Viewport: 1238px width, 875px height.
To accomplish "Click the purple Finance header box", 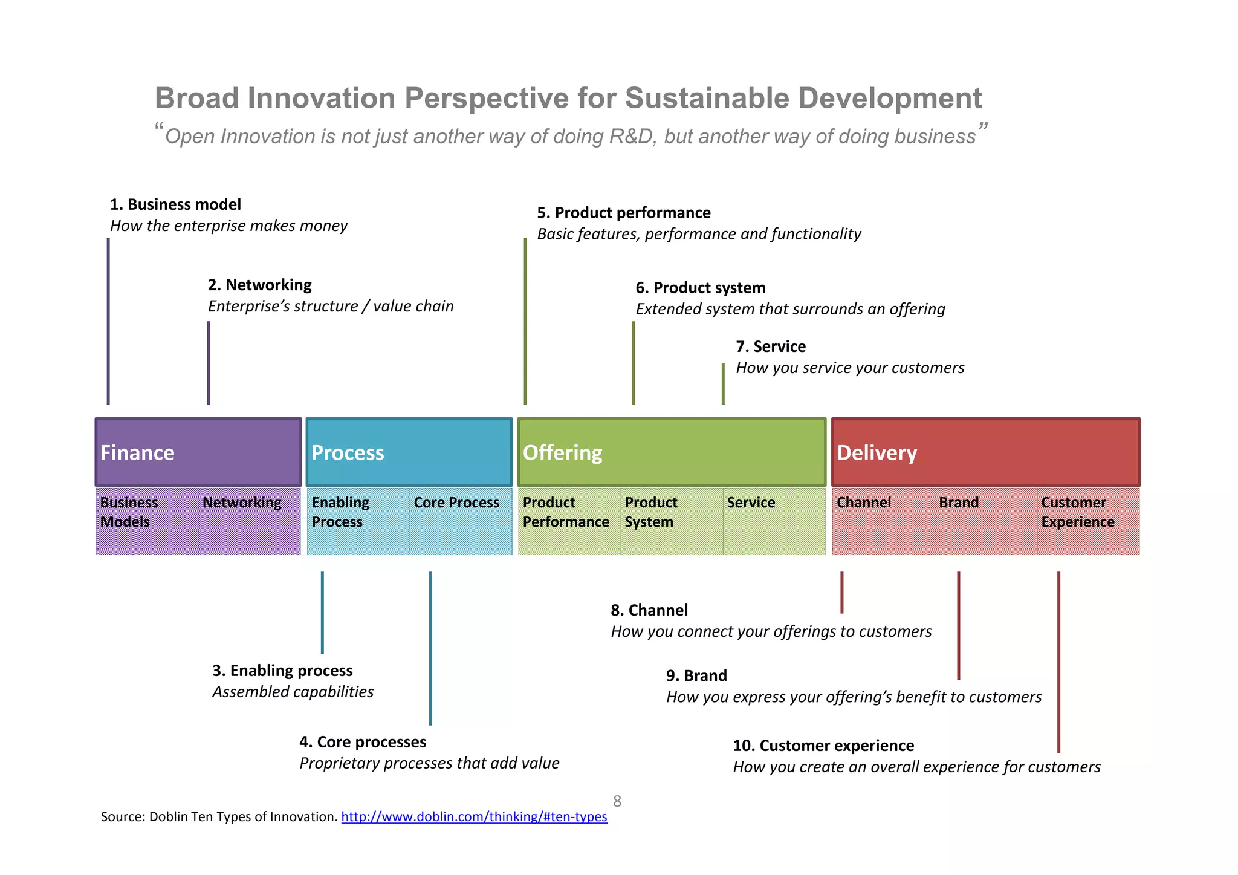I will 198,452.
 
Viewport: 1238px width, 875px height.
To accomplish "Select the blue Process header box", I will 409,452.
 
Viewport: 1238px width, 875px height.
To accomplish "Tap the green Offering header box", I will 672,452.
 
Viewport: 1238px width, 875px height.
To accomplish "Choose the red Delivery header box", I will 985,452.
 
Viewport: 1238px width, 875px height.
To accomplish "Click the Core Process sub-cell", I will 460,521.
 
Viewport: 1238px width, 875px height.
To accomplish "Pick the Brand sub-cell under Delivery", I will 985,521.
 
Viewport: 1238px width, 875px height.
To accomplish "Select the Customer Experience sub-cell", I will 1087,521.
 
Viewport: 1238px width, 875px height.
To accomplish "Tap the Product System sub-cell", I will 671,521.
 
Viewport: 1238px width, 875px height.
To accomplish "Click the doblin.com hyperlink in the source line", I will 474,817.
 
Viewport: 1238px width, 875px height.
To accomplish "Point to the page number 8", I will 617,801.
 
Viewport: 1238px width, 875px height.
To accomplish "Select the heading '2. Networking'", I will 259,285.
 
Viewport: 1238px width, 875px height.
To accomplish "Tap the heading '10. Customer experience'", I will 823,746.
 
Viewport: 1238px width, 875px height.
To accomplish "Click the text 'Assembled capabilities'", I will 293,692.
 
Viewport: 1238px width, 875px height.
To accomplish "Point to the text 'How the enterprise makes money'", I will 228,226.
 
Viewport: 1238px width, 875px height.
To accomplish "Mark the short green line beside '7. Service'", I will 723,383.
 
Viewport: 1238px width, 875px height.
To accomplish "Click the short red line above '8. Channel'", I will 841,592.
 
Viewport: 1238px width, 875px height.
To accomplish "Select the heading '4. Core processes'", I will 363,742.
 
